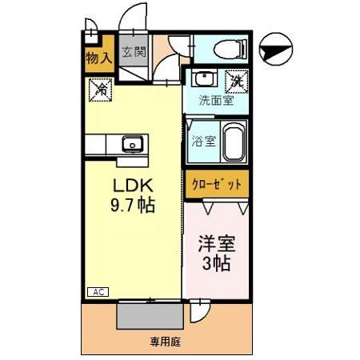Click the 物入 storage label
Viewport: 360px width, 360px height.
[x=98, y=58]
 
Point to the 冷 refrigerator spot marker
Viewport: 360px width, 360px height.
[x=101, y=90]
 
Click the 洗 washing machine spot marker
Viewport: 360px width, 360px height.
[x=236, y=81]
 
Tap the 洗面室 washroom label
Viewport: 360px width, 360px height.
[x=216, y=102]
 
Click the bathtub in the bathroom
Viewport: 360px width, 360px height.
[x=233, y=142]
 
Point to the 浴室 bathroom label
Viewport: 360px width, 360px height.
[x=204, y=142]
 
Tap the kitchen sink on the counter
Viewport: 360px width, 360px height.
[x=131, y=145]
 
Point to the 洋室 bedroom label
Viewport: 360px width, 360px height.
[x=215, y=244]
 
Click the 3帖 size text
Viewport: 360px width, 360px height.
[x=215, y=263]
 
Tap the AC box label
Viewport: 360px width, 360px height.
[x=97, y=292]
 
